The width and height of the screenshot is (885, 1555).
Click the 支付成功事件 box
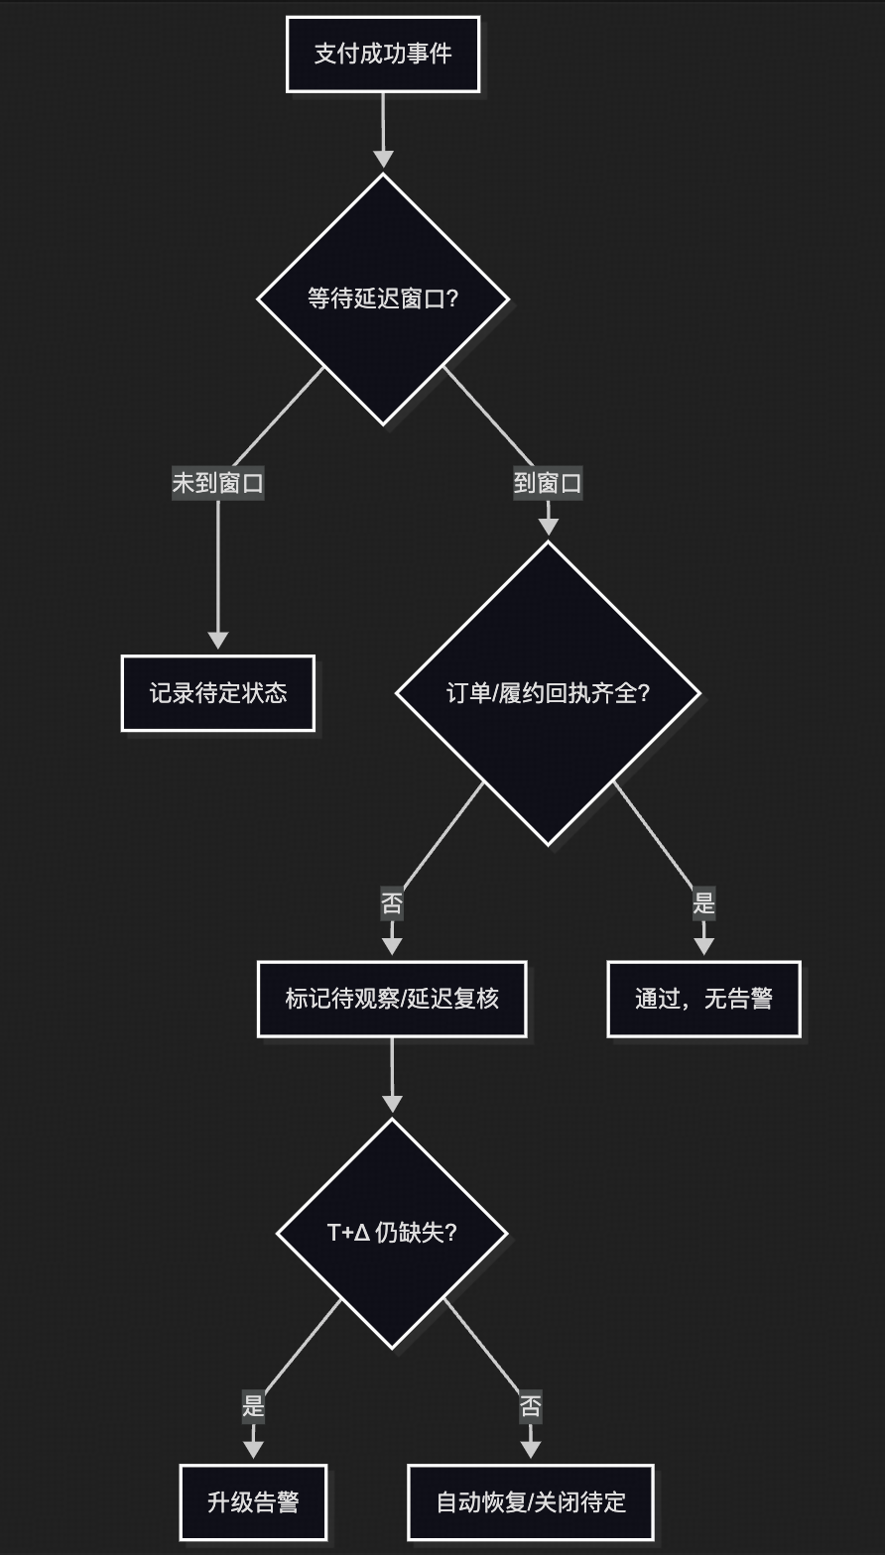[383, 54]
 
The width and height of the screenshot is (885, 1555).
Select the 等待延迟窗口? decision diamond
[383, 299]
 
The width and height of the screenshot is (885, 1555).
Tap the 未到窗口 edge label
[218, 483]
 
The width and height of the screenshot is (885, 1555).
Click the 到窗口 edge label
[548, 483]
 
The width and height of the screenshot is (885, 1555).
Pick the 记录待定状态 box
[218, 693]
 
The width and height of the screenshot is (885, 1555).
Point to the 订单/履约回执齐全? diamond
[548, 693]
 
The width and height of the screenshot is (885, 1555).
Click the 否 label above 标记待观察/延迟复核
[392, 903]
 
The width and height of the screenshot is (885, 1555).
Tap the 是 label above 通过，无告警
[703, 903]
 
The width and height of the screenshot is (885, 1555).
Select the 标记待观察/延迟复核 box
[392, 999]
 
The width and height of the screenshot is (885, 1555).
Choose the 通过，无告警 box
[703, 999]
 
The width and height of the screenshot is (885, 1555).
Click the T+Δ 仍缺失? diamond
[392, 1233]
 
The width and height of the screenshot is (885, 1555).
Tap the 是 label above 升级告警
[253, 1405]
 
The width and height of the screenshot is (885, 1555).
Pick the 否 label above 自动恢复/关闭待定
[531, 1405]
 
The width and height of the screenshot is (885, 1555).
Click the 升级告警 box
[253, 1501]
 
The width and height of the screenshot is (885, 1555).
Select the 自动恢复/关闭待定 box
[531, 1501]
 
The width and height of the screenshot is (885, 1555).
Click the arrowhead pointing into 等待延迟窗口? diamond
[383, 160]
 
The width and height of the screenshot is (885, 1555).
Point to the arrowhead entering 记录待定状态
[218, 641]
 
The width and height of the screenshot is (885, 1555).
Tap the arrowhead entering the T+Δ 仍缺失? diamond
[392, 1104]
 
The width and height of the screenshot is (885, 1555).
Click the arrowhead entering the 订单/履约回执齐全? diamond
[548, 527]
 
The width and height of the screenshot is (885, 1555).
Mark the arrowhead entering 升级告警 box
[253, 1449]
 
